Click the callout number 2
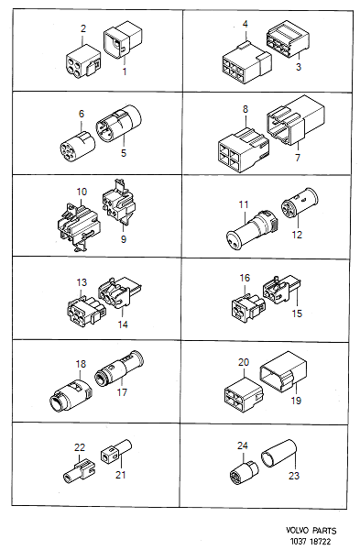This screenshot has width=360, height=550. (x=83, y=29)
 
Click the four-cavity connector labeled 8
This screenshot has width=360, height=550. (x=237, y=146)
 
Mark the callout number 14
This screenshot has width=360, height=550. (x=122, y=324)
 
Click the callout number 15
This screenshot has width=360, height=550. (x=295, y=314)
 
